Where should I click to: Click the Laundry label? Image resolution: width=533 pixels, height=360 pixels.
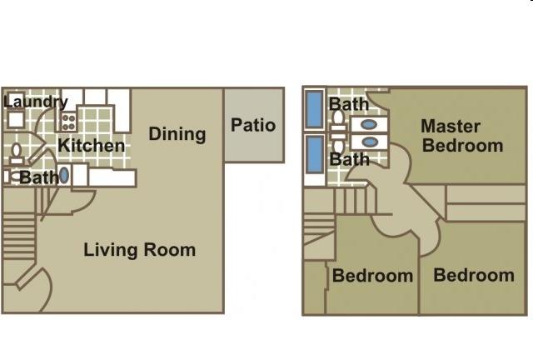point(36,102)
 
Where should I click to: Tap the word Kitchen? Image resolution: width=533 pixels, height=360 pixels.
point(91,146)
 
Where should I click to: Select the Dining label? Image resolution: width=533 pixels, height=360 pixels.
point(177,134)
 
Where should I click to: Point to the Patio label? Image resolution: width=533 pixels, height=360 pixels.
point(253,125)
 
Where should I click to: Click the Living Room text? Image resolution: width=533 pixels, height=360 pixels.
point(139,250)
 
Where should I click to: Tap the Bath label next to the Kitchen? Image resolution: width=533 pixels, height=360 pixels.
point(39,177)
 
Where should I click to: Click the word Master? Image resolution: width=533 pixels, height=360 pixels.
point(451,126)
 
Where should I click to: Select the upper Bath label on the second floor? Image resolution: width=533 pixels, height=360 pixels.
point(348,104)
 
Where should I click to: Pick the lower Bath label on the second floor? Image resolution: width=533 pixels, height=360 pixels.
point(349,159)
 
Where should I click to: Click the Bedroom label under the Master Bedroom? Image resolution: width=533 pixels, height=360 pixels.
point(474,275)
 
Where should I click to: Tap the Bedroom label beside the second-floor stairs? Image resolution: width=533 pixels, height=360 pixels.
point(372,275)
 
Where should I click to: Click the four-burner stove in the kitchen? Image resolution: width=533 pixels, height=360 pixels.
point(68,122)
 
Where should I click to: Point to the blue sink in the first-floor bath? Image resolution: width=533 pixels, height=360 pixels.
point(63,176)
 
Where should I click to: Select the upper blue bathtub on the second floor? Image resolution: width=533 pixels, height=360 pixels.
point(315,109)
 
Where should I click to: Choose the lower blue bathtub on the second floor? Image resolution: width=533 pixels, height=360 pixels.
point(315,154)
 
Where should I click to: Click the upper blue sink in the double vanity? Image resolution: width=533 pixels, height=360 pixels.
point(369,124)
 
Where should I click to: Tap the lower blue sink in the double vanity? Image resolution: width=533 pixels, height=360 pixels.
point(370,142)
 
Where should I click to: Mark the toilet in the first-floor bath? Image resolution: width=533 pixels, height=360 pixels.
point(16,154)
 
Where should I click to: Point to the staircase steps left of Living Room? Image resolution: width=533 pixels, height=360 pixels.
point(18,236)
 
